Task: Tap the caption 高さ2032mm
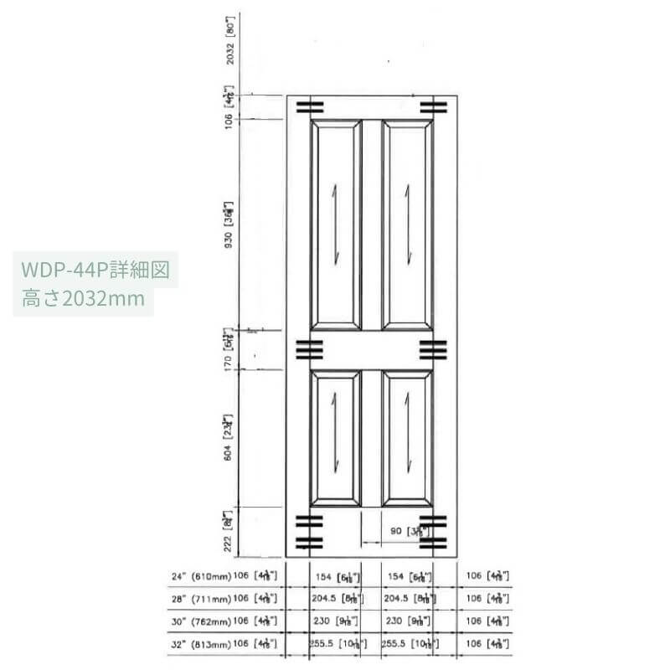84,298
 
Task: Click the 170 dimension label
228,350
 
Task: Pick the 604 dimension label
228,441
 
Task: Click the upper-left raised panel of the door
336,224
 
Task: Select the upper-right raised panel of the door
408,224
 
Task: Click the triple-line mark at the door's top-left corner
309,106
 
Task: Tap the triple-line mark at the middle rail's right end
433,349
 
